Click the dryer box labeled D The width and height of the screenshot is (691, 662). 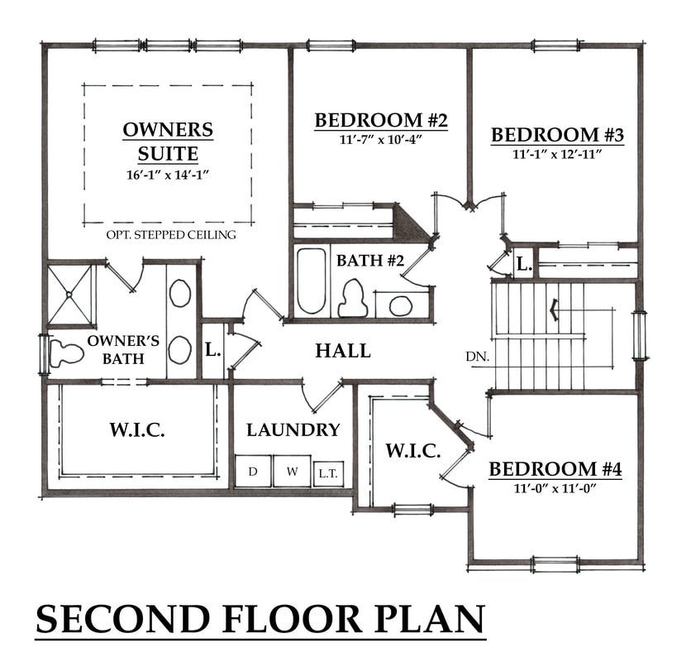click(x=253, y=472)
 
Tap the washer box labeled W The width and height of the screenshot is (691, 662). click(x=292, y=472)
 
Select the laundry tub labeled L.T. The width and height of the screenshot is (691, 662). click(x=328, y=474)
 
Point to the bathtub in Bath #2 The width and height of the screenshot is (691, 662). click(x=311, y=281)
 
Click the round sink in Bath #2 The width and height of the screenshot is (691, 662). click(x=401, y=305)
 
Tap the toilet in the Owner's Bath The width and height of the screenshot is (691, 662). click(x=67, y=353)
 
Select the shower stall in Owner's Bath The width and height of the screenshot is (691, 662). click(x=69, y=294)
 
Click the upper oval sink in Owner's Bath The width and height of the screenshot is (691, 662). click(x=180, y=293)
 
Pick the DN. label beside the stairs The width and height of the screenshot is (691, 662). click(x=478, y=357)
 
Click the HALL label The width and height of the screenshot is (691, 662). click(x=343, y=351)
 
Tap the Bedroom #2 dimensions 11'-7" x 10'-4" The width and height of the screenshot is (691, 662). click(x=381, y=140)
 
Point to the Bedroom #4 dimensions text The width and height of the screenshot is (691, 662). click(x=555, y=488)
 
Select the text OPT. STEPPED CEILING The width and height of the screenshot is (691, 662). click(x=171, y=235)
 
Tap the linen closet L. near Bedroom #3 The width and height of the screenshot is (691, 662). click(x=524, y=264)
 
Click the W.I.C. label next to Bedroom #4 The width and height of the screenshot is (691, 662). click(x=413, y=451)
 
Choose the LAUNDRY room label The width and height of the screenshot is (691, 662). click(x=293, y=429)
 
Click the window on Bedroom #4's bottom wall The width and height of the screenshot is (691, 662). click(x=555, y=564)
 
